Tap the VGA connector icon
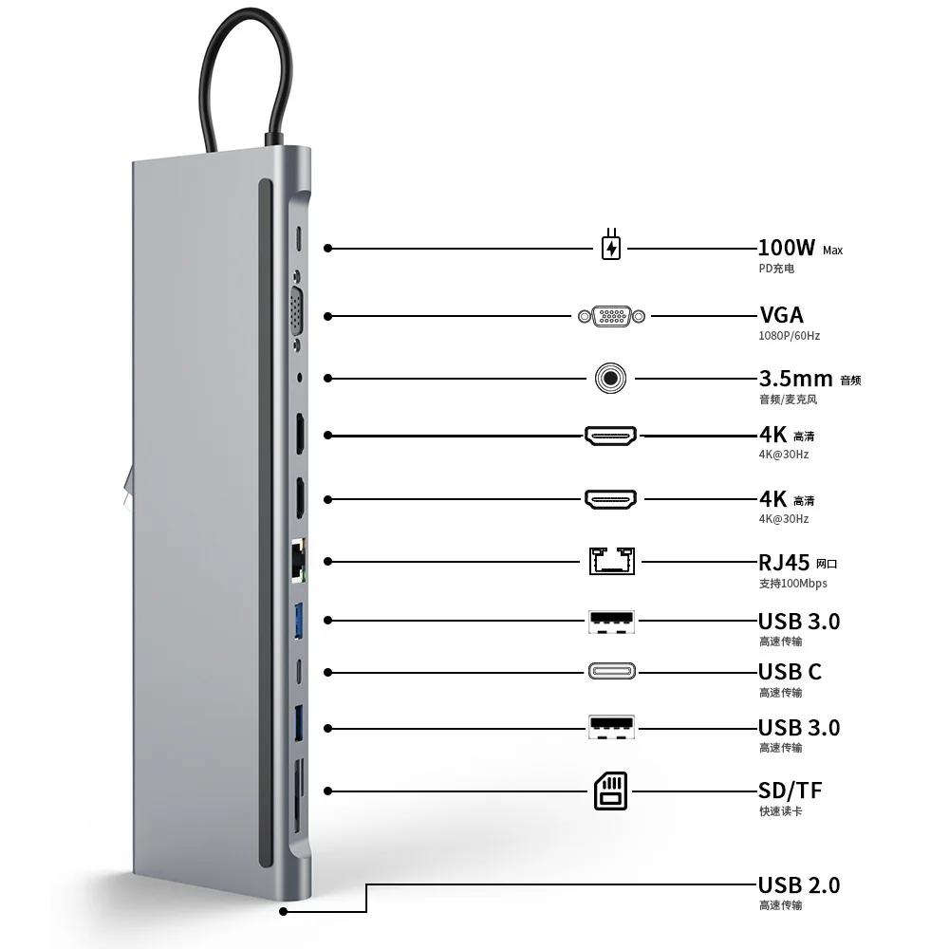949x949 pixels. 612,315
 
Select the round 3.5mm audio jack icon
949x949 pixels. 612,379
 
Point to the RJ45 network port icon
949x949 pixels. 612,561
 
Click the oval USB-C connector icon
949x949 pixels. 612,672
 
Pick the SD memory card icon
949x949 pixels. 611,791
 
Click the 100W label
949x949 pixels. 786,248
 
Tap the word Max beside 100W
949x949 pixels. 832,251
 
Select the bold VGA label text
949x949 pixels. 781,315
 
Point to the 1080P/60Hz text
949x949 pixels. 790,336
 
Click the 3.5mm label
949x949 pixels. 795,379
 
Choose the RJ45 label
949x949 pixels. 784,562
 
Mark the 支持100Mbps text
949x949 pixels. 792,583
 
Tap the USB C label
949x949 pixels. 790,672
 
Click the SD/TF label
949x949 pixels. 790,791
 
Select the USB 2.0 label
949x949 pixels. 798,885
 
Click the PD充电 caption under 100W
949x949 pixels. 776,269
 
